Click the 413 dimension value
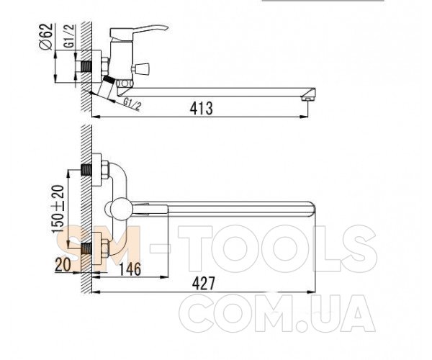201,108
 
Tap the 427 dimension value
203,284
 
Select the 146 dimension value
130,269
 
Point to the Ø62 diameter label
46,37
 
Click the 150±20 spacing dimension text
58,209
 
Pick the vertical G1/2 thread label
69,36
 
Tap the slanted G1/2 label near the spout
132,104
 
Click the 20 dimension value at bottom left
63,265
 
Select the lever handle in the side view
139,32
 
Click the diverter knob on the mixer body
140,68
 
